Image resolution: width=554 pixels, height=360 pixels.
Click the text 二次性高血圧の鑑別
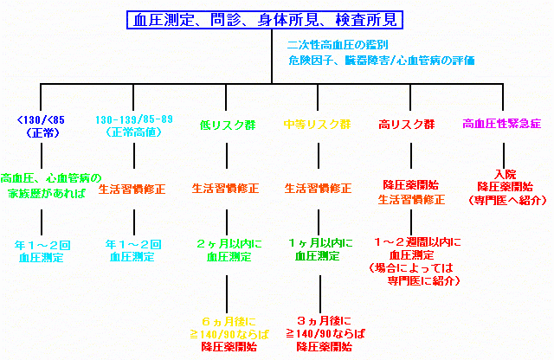[x=338, y=45]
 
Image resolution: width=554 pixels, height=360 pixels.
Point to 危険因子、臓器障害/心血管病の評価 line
[x=381, y=61]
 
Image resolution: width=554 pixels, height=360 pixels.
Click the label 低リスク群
[x=228, y=125]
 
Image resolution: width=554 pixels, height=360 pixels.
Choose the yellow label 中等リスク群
[x=318, y=125]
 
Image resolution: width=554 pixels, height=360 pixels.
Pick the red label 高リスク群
[x=406, y=125]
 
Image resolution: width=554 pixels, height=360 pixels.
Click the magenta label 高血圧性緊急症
[x=502, y=125]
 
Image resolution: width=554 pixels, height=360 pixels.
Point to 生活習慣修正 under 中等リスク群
[x=318, y=188]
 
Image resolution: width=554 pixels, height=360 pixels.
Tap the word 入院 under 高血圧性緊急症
[x=504, y=173]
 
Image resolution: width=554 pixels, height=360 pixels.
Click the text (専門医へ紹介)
[x=504, y=200]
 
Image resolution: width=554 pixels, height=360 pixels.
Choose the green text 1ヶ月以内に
[x=318, y=243]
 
